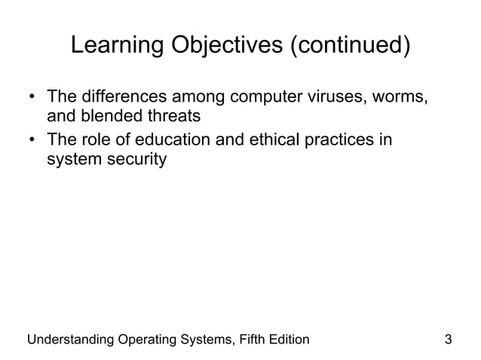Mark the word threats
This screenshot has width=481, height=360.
[173, 117]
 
